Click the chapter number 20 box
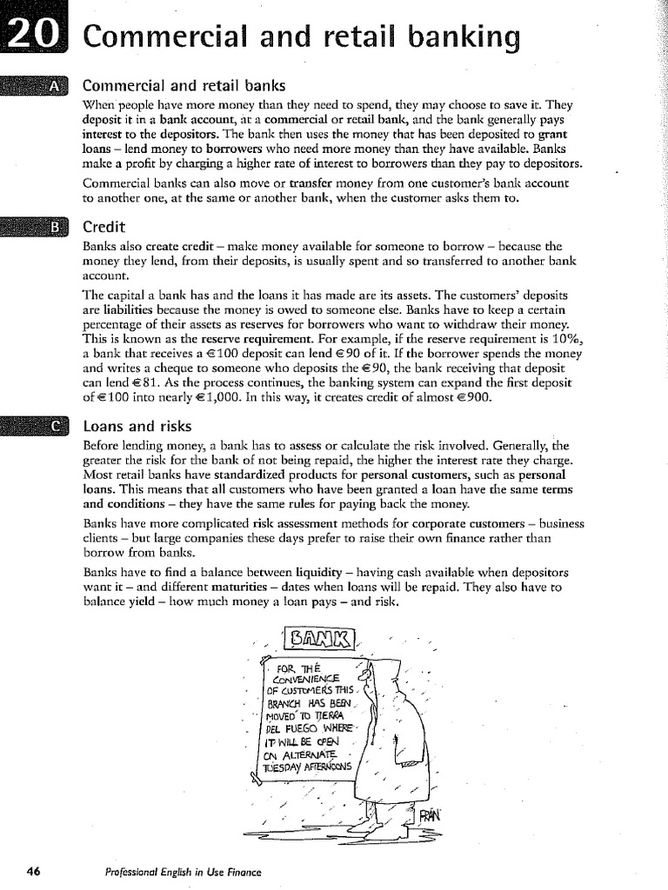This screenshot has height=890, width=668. [34, 36]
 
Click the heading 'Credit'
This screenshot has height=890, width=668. [104, 227]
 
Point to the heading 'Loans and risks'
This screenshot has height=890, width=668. [137, 426]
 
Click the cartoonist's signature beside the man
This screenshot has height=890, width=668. [431, 815]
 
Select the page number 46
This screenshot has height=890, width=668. [34, 870]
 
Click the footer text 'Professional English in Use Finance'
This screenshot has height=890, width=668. [183, 871]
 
